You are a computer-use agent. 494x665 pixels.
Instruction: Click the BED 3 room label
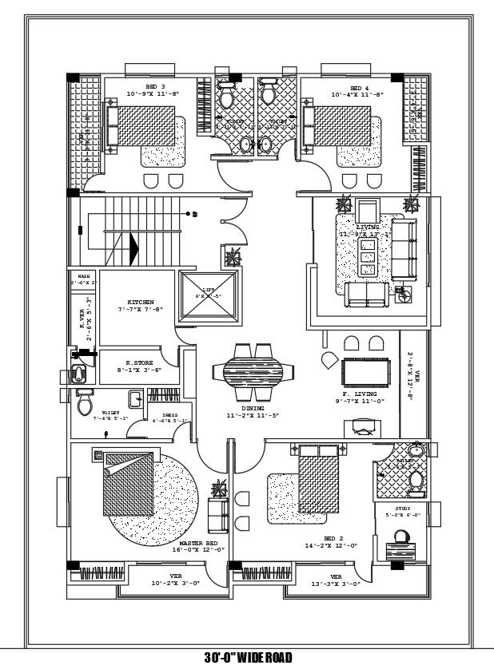coord(155,86)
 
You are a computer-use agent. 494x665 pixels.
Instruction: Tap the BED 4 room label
coord(359,87)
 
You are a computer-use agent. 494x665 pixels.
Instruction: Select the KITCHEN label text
coord(140,302)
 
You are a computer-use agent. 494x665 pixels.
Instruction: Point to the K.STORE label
coord(140,362)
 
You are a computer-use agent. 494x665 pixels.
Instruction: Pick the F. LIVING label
coord(358,394)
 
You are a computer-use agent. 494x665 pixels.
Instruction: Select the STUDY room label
coord(403,509)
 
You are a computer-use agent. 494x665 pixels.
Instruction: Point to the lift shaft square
coord(209,298)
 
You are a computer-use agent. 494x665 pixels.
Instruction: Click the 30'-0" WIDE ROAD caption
coord(247,657)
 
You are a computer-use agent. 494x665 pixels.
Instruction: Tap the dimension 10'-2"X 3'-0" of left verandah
coord(176,584)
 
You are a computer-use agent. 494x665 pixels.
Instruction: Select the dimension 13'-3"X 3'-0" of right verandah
coord(337,584)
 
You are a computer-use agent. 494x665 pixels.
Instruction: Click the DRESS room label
coord(170,415)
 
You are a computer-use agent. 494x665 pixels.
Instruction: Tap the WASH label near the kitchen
coord(83,276)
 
